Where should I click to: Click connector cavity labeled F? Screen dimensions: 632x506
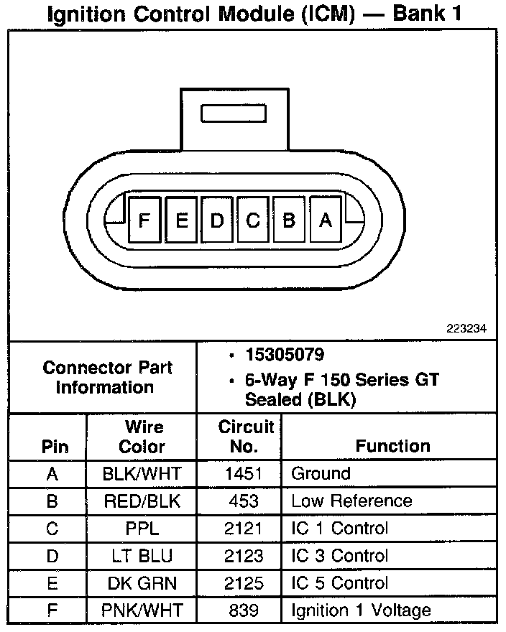coord(145,220)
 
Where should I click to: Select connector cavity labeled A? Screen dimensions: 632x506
coord(326,220)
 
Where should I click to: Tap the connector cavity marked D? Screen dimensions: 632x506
coord(217,220)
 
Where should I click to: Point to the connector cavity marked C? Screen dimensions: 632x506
coord(253,220)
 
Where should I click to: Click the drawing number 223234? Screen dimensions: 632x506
coord(466,328)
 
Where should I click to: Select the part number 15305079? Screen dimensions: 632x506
coord(285,355)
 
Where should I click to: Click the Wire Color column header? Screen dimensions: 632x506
coord(142,437)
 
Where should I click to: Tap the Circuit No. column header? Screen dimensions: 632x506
coord(246,437)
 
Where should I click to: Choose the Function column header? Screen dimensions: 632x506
coord(392,446)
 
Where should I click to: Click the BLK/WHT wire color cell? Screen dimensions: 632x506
coord(142,474)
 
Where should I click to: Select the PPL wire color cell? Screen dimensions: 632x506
coord(142,529)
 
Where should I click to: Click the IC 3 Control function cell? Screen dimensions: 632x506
coord(339,556)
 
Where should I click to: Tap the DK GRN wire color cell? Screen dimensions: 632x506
coord(142,583)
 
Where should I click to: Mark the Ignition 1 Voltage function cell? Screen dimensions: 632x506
coord(361,610)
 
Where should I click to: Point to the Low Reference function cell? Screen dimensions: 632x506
coord(351,501)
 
